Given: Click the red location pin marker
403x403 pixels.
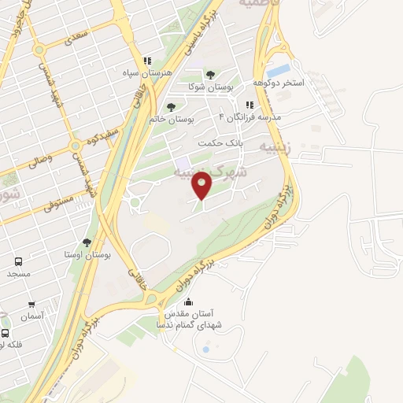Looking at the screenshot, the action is (x=203, y=187).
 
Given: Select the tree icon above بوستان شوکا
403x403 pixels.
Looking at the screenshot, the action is (x=209, y=75).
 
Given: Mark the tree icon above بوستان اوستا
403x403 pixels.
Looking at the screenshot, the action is (x=87, y=243).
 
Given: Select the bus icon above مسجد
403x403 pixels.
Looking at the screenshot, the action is (x=17, y=261).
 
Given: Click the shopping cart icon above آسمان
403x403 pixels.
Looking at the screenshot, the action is (x=31, y=305).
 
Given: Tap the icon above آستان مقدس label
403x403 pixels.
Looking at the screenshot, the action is (x=188, y=302).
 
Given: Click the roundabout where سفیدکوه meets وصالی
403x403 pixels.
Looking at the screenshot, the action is (x=76, y=146).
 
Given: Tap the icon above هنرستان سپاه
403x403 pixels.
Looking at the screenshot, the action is (x=146, y=61).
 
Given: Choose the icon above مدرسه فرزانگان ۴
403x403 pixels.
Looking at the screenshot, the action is (x=250, y=104).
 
